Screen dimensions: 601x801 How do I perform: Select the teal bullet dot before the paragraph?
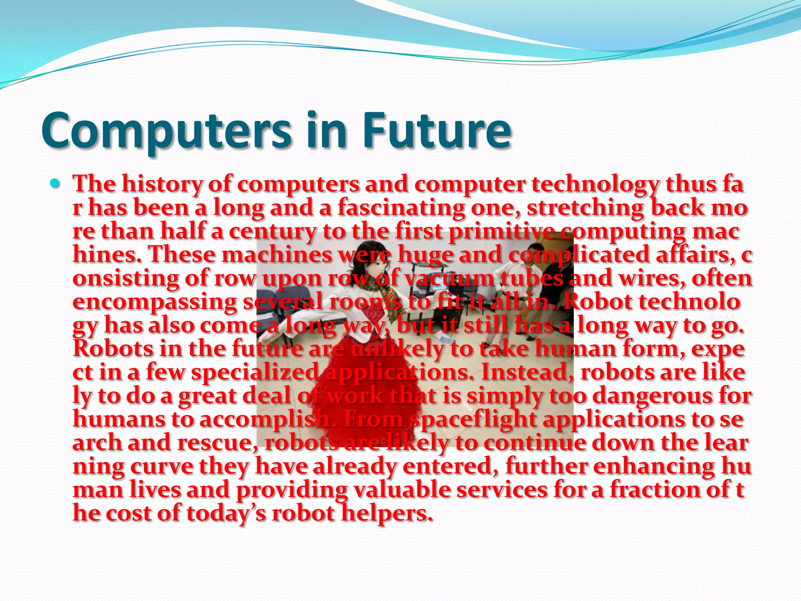[x=56, y=183]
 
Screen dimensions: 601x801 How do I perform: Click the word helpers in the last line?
[x=387, y=513]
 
